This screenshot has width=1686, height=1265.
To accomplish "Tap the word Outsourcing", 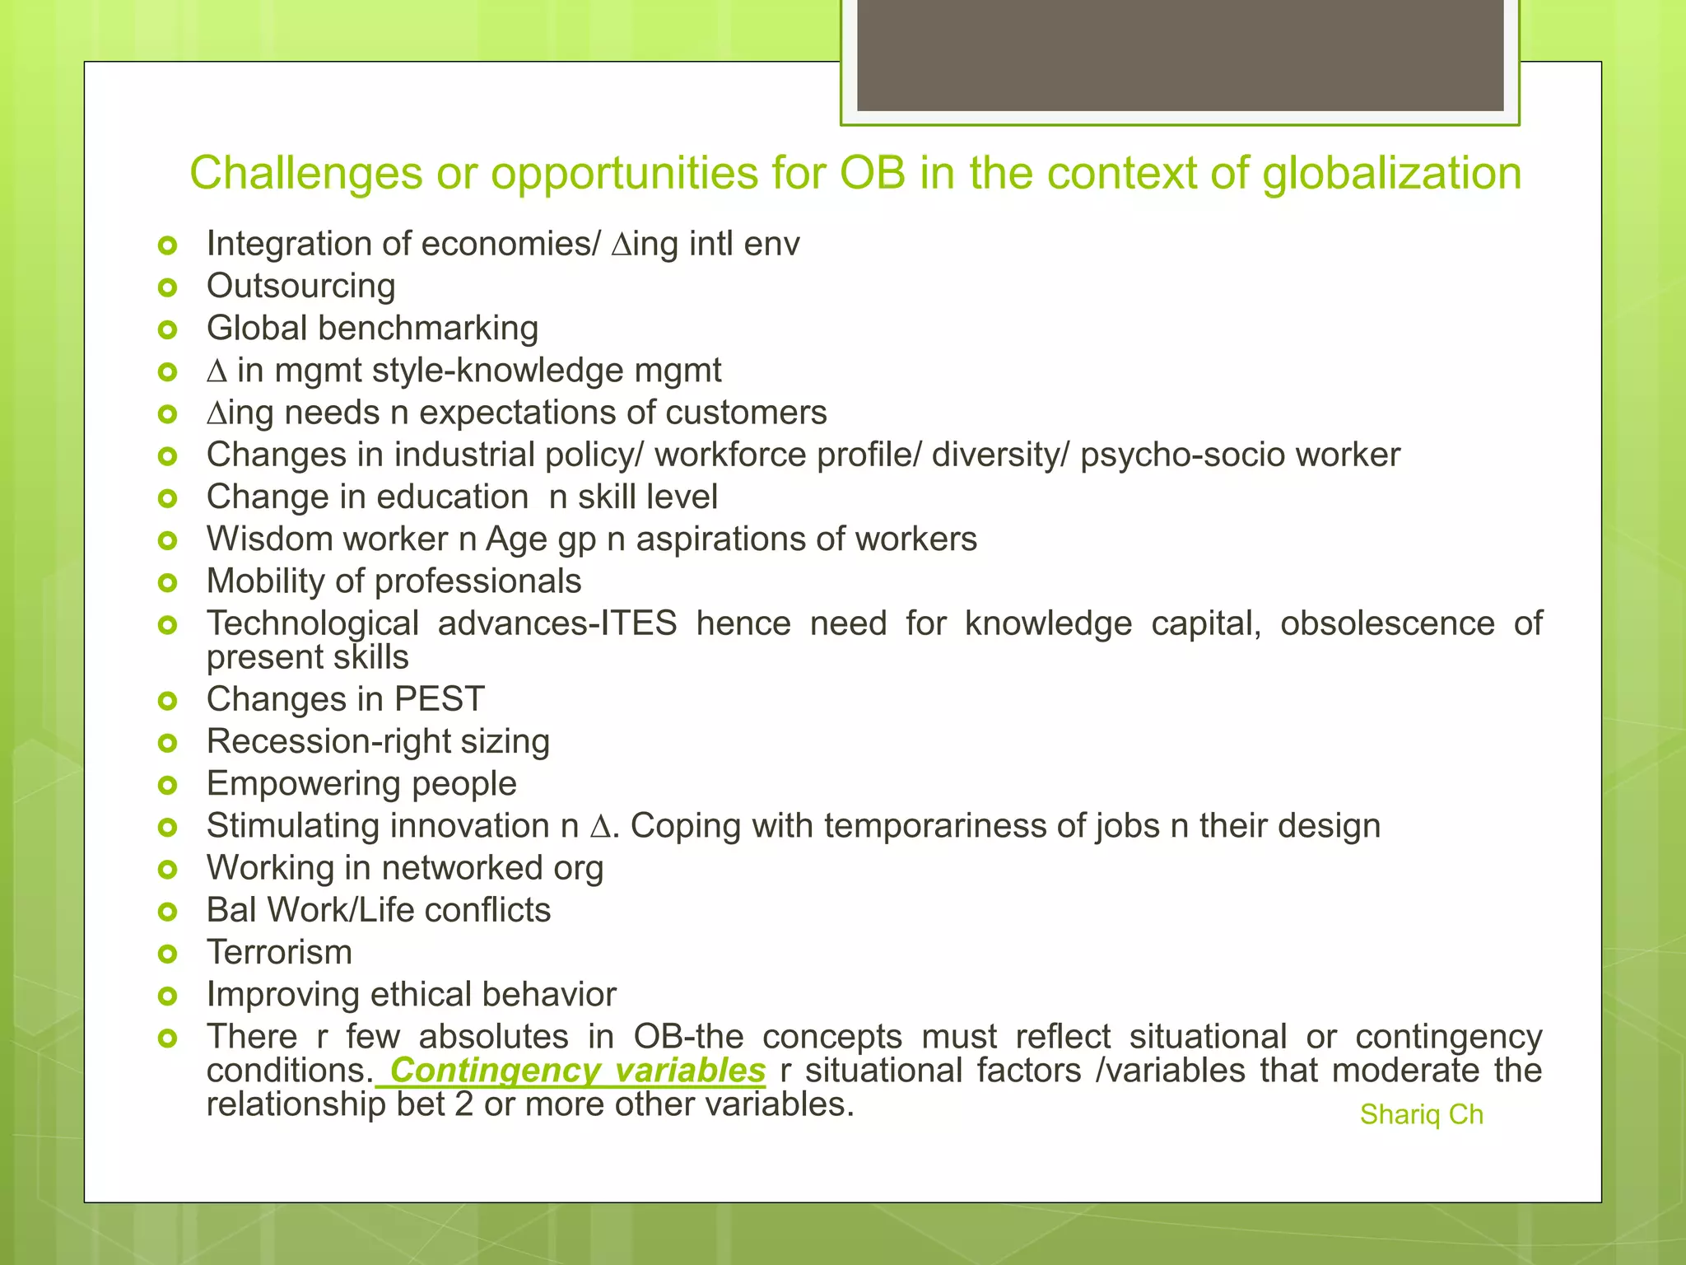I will pyautogui.click(x=300, y=287).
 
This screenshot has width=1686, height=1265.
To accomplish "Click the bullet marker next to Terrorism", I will pyautogui.click(x=168, y=954).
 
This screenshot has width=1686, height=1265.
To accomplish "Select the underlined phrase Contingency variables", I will pyautogui.click(x=577, y=1071).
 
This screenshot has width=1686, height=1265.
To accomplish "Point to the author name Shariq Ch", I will pyautogui.click(x=1421, y=1114).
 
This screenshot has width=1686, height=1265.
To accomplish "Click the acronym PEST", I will pyautogui.click(x=439, y=699).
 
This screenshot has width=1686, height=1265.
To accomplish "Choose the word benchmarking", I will pyautogui.click(x=428, y=329).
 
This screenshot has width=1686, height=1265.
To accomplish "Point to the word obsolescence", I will pyautogui.click(x=1386, y=623).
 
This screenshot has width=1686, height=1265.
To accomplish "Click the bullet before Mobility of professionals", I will pyautogui.click(x=168, y=583).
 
